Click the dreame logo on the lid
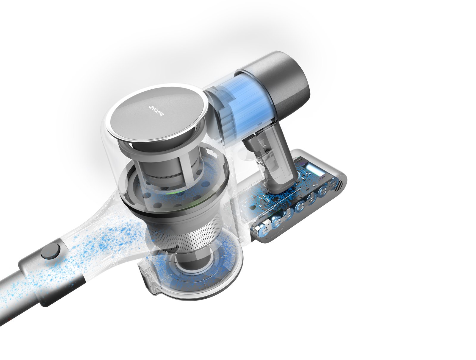(156, 110)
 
